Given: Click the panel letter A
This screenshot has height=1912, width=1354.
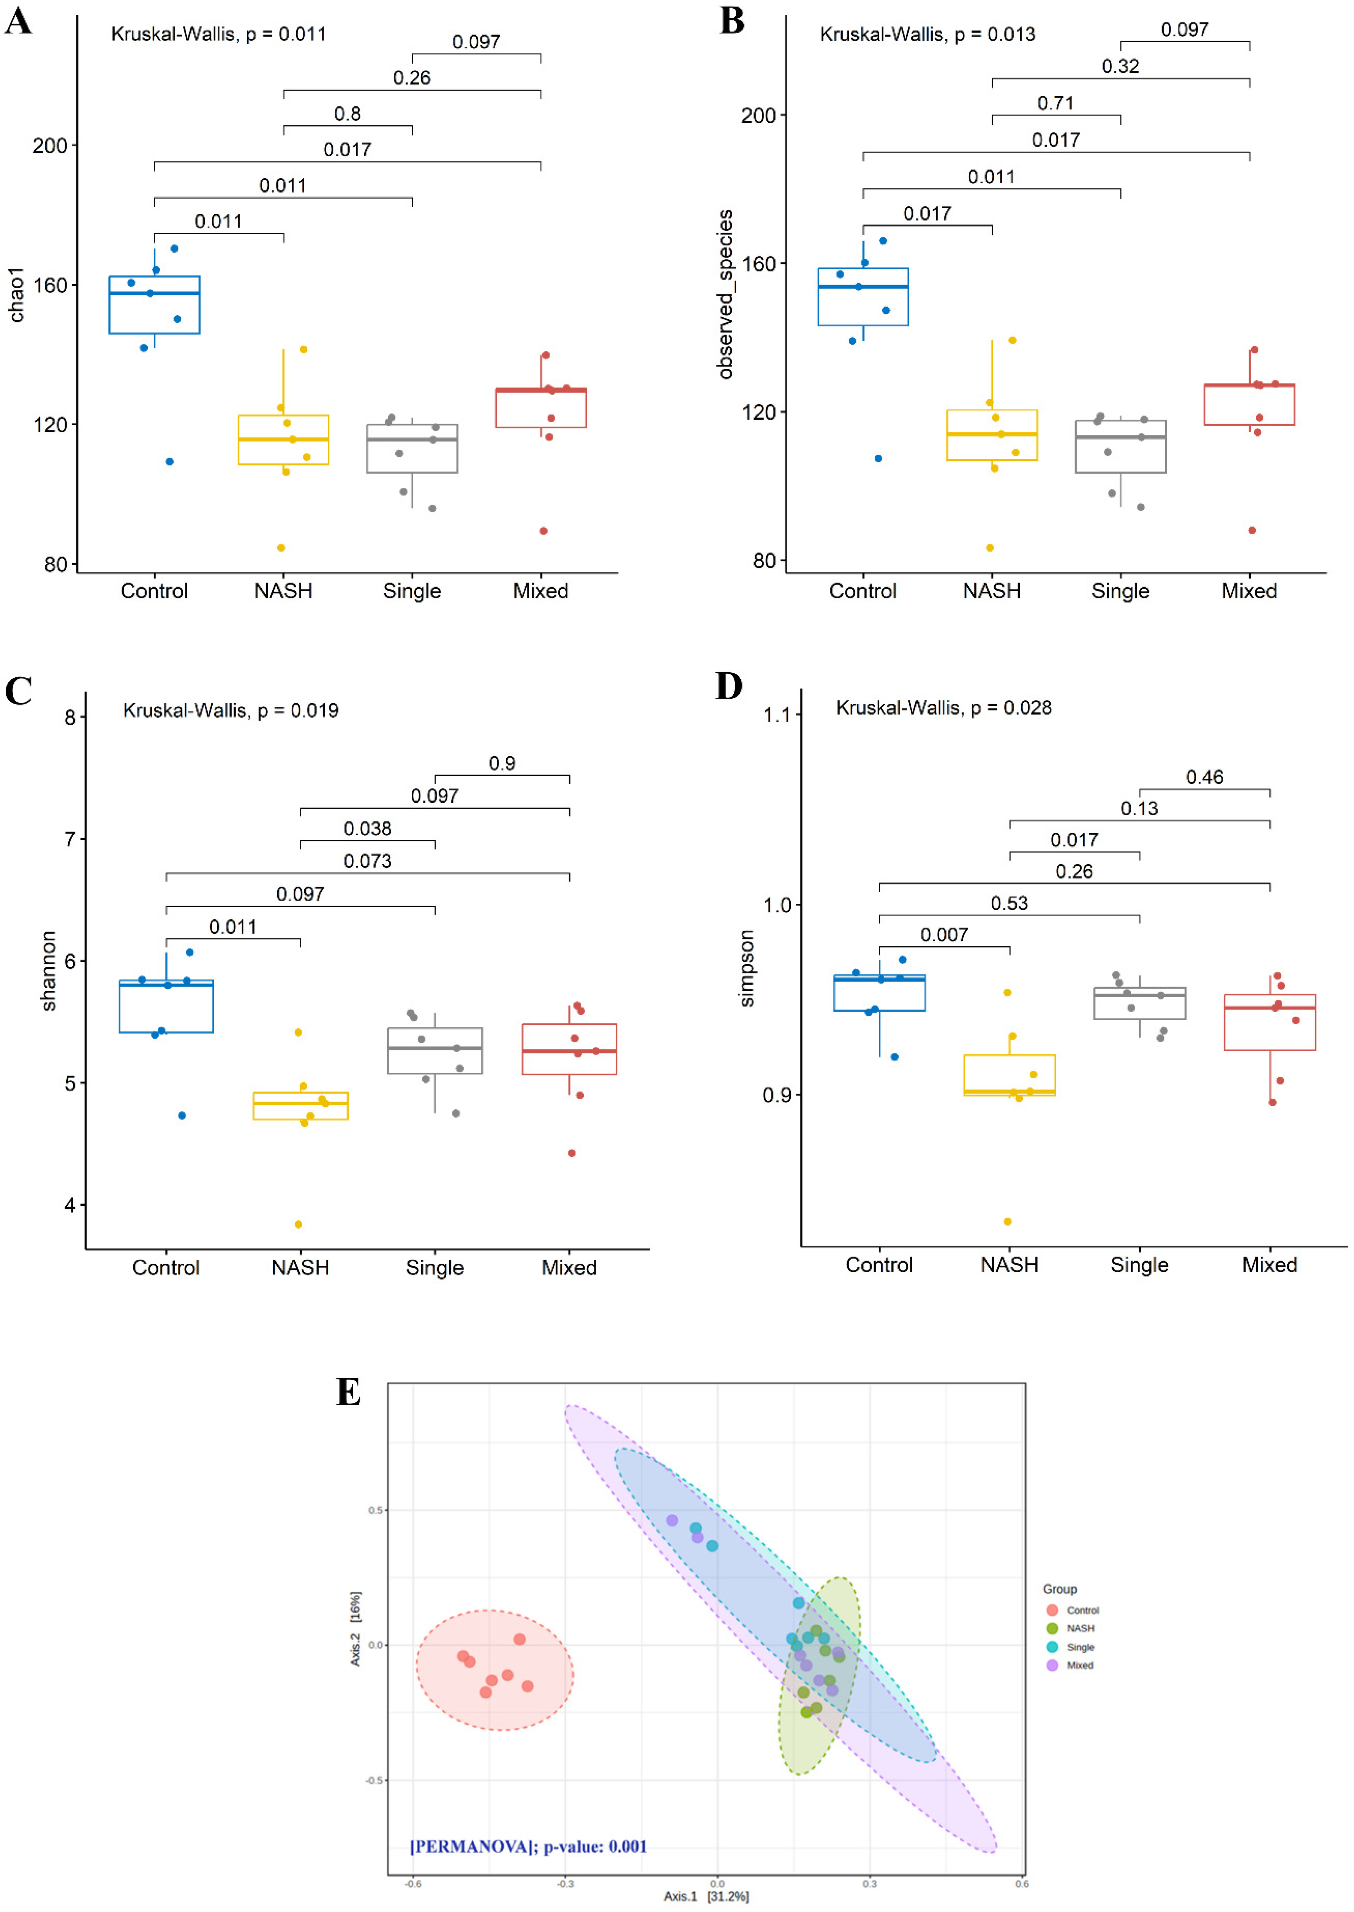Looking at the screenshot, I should pos(18,20).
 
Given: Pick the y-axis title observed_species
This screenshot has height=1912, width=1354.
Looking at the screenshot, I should pos(725,294).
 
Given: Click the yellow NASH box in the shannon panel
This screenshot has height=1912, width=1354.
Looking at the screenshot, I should pos(300,1105).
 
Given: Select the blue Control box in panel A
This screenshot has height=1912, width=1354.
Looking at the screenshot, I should pos(154,305).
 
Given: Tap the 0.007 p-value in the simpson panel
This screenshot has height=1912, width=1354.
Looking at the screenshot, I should pos(944,935).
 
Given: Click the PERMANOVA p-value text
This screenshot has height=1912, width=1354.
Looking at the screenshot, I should pos(528,1846).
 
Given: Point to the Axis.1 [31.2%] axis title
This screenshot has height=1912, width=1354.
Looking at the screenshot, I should pos(705,1896).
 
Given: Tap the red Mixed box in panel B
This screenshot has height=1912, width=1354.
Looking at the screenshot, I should pos(1249,405).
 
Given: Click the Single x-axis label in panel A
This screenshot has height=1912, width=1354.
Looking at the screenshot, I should pos(412,591).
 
